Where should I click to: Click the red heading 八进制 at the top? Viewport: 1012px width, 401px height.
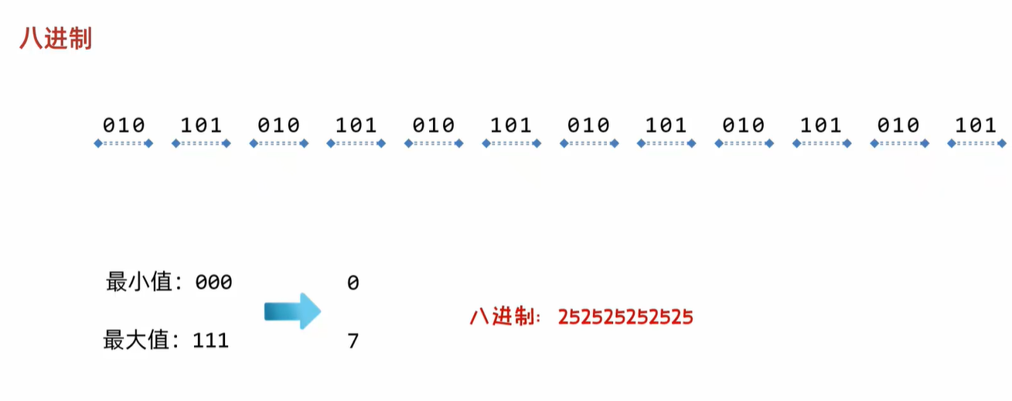pyautogui.click(x=56, y=38)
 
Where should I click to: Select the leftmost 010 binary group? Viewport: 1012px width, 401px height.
pyautogui.click(x=124, y=125)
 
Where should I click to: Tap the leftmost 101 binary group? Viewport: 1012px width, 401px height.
pyautogui.click(x=201, y=125)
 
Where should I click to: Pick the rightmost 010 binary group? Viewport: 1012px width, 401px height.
pyautogui.click(x=898, y=125)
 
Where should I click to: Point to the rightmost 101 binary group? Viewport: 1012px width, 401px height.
pyautogui.click(x=976, y=125)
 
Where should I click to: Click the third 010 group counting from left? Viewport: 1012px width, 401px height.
pyautogui.click(x=434, y=125)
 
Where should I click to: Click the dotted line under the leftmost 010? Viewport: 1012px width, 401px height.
pyautogui.click(x=124, y=143)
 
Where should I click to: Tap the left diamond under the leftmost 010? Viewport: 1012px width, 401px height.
pyautogui.click(x=97, y=143)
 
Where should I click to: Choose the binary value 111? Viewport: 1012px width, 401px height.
pyautogui.click(x=210, y=340)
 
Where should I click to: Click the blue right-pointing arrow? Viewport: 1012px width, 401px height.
pyautogui.click(x=291, y=311)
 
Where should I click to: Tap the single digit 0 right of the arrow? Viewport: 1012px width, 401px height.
pyautogui.click(x=353, y=283)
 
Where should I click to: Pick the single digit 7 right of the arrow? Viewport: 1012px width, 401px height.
pyautogui.click(x=353, y=341)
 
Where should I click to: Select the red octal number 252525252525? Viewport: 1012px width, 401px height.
pyautogui.click(x=625, y=317)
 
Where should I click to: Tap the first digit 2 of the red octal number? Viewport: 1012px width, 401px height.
pyautogui.click(x=563, y=317)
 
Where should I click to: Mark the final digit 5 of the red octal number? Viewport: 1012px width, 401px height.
pyautogui.click(x=687, y=317)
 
